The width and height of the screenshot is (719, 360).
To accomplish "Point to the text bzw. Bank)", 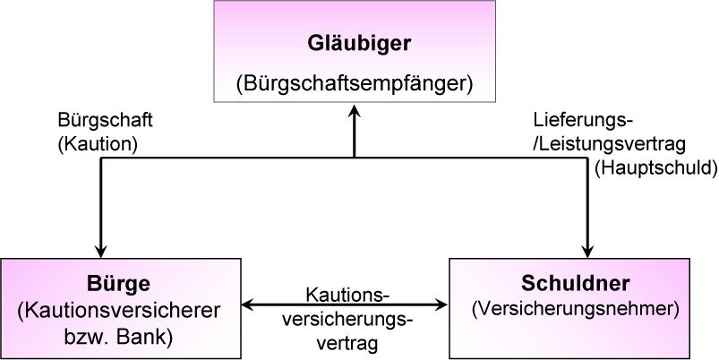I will pyautogui.click(x=123, y=337).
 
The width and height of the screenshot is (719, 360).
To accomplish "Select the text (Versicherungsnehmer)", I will pyautogui.click(x=577, y=310).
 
